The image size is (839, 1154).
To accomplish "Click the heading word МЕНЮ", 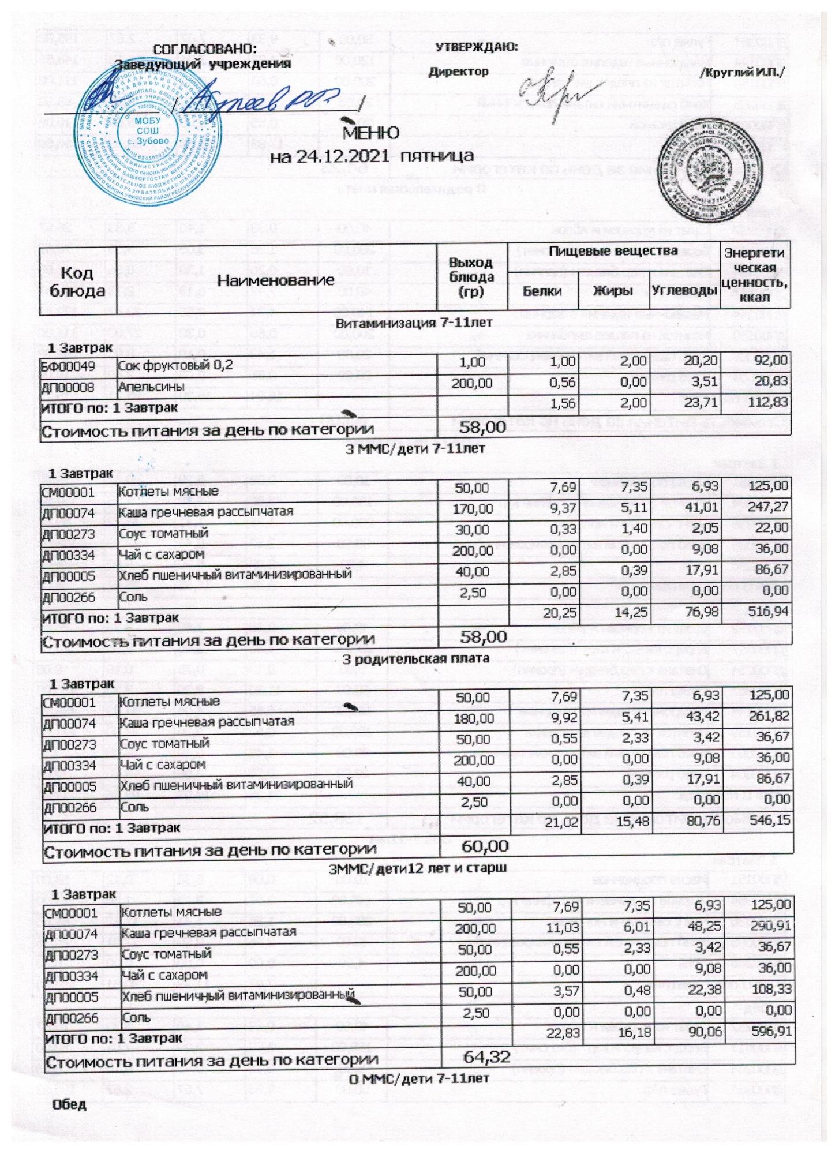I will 371,133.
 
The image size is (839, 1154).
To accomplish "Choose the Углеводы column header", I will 684,291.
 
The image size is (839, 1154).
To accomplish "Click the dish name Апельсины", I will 144,387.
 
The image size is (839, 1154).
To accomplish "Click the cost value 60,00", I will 485,846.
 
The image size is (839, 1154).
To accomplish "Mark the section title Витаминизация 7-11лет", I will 414,323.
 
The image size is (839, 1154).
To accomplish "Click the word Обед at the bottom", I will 70,1105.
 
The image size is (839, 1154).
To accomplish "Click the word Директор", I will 459,72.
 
